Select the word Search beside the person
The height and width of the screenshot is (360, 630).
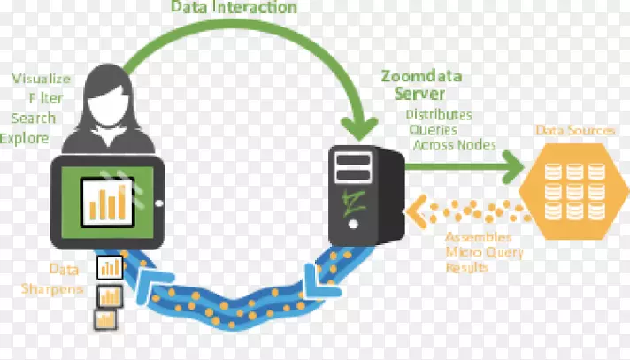(34, 118)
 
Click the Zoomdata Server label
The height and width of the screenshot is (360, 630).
(421, 84)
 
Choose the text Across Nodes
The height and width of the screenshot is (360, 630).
(452, 145)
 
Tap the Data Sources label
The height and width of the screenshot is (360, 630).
(575, 131)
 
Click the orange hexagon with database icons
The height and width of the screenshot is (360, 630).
(575, 189)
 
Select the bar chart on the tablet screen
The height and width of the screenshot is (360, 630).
(106, 200)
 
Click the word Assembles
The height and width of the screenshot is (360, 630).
(479, 237)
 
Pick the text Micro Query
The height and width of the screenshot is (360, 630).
(484, 252)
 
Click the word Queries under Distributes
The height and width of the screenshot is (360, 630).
(432, 129)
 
